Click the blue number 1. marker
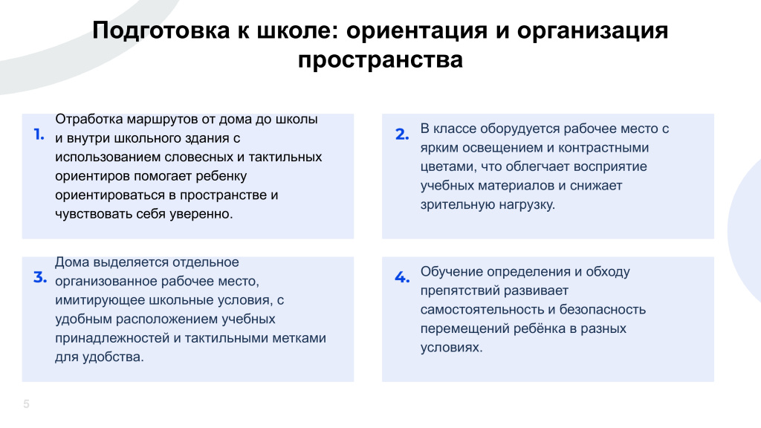39,134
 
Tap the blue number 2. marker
402,134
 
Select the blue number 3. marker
40,278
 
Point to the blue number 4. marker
402,278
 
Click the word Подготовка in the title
161,30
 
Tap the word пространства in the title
380,60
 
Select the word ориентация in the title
417,30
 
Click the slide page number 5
26,403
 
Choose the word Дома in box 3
72,262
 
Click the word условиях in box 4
451,348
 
